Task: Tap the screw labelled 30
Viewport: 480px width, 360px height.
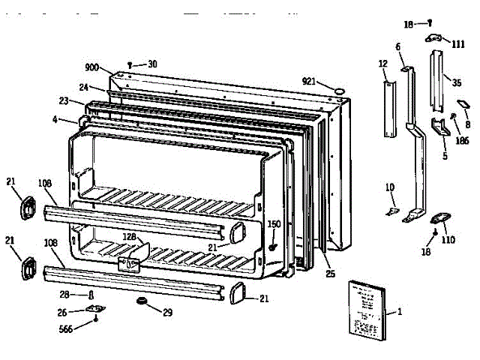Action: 131,65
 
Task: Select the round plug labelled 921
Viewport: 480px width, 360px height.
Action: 339,91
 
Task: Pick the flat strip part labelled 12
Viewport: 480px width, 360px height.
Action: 388,109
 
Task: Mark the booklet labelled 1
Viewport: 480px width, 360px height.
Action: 365,309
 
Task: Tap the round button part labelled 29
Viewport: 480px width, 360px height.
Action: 139,301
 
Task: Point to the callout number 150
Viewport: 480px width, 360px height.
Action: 274,223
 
